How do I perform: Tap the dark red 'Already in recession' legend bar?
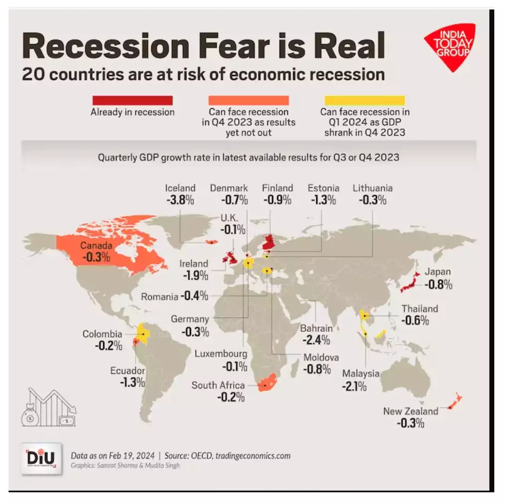[132, 100]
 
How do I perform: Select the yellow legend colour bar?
[365, 100]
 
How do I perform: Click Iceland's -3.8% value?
[180, 201]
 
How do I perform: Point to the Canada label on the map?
[96, 246]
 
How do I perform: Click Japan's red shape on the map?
[409, 282]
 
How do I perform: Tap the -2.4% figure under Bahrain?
[317, 340]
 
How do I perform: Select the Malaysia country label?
[361, 373]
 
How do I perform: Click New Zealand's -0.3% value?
[410, 423]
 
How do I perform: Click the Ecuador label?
[128, 370]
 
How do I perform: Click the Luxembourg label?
[221, 354]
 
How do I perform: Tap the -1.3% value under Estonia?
[323, 201]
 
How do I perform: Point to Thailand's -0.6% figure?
[416, 321]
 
